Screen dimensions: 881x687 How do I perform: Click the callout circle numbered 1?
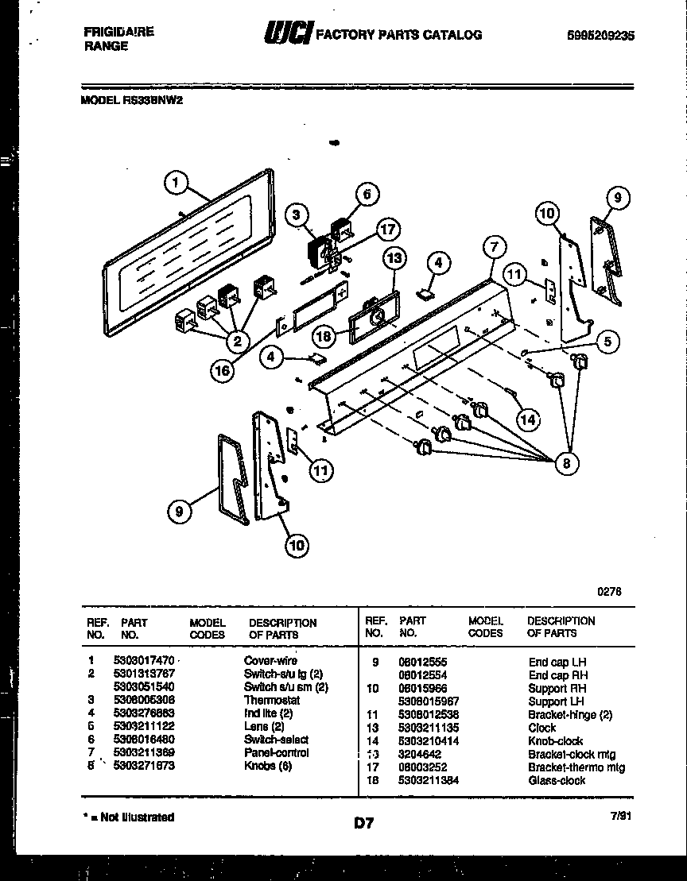tap(177, 183)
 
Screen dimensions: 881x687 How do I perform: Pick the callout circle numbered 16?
tap(224, 368)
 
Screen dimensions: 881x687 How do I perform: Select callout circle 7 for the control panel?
tap(493, 246)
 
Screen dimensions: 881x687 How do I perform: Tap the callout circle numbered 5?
tap(607, 342)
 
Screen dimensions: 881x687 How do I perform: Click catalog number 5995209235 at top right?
tap(602, 35)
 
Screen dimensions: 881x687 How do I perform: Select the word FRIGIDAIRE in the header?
tap(118, 32)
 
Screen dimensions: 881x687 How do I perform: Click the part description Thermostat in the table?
tap(271, 701)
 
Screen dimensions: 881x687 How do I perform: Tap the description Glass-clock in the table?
tap(557, 780)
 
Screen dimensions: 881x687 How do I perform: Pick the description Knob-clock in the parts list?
tap(555, 740)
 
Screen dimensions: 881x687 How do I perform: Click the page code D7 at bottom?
tap(363, 824)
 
